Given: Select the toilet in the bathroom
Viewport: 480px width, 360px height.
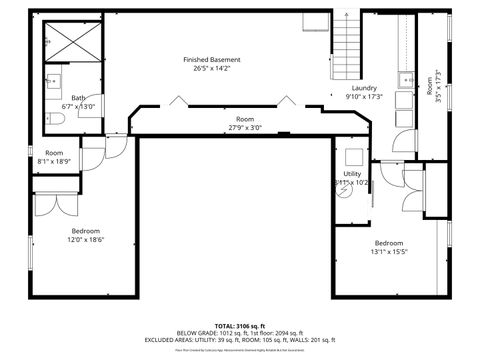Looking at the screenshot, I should pos(55,119).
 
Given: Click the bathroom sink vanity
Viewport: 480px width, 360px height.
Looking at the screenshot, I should pos(51,85).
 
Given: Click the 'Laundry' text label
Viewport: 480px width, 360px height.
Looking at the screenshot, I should pos(363,88).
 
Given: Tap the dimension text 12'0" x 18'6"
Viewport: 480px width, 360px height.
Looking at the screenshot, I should pos(86,239).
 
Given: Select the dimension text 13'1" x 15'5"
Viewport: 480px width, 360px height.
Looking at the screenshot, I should pos(389,252).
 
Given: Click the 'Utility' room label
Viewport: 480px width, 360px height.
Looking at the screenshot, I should pos(352,173).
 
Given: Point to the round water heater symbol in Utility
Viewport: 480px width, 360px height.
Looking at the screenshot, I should pos(344,194).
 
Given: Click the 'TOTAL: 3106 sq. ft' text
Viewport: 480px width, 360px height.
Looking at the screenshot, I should pos(239,326).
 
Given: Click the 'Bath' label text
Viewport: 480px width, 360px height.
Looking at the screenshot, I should pos(77,98).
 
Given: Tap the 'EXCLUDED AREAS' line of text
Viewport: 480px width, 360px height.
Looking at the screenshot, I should pos(239,340).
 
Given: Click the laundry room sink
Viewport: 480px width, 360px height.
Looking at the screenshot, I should pos(404,79).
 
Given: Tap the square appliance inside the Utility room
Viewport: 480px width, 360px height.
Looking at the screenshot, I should pos(352,157).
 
